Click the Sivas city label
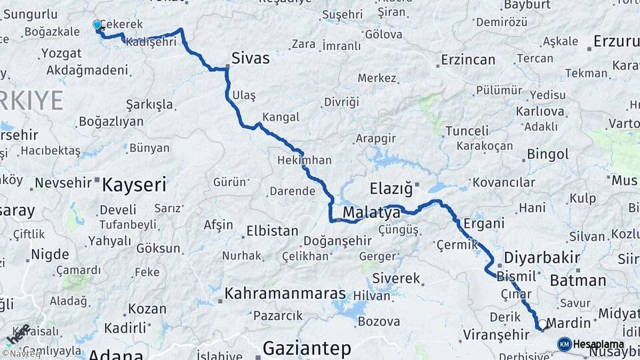pyautogui.click(x=251, y=58)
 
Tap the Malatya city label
pyautogui.click(x=371, y=213)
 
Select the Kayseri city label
pyautogui.click(x=133, y=185)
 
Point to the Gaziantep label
pyautogui.click(x=307, y=348)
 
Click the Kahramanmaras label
pyautogui.click(x=285, y=293)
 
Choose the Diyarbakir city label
pyautogui.click(x=541, y=257)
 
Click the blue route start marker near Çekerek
pyautogui.click(x=97, y=25)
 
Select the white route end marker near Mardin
pyautogui.click(x=543, y=325)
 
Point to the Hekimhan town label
pyautogui.click(x=304, y=161)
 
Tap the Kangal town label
pyautogui.click(x=280, y=117)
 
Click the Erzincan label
pyautogui.click(x=468, y=60)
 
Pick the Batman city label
pyautogui.click(x=577, y=281)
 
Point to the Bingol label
pyautogui.click(x=547, y=155)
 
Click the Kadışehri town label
pyautogui.click(x=151, y=42)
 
